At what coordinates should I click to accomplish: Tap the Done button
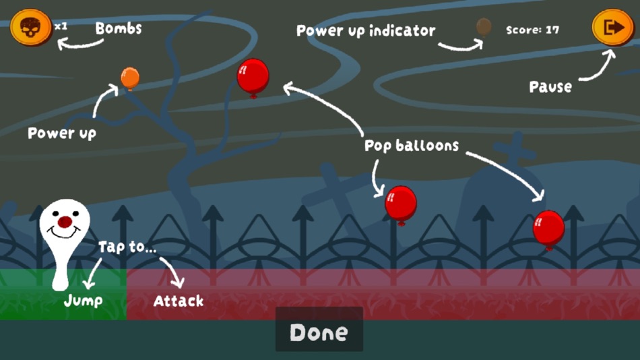(319, 332)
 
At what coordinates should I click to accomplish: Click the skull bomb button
(30, 28)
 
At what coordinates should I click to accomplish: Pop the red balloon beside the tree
(253, 75)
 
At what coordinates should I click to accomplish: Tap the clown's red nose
(65, 222)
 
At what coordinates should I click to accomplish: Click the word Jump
(83, 301)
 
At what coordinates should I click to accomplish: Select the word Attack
(179, 301)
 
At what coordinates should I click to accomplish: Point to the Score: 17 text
(532, 30)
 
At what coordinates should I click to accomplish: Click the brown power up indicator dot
(484, 26)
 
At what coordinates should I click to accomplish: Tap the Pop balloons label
(412, 146)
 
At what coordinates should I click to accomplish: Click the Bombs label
(119, 28)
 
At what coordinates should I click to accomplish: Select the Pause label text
(550, 87)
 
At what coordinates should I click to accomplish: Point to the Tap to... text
(127, 247)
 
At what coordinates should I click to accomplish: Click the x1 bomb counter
(61, 26)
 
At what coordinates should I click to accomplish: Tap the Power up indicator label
(366, 30)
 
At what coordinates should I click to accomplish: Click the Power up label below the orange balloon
(62, 133)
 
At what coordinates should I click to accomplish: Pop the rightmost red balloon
(548, 227)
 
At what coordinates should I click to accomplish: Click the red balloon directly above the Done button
(401, 202)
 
